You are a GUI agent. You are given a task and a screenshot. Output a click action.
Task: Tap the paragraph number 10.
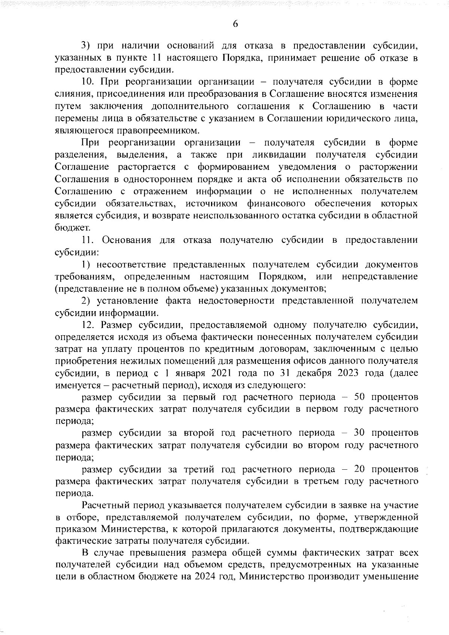point(89,82)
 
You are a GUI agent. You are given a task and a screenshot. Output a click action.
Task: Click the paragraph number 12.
point(89,325)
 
